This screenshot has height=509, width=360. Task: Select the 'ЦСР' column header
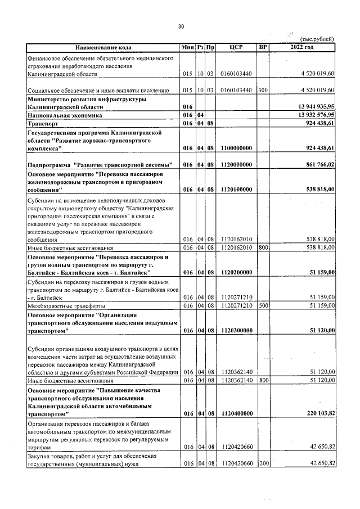236,47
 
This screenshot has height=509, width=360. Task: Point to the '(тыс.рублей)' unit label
318,38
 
